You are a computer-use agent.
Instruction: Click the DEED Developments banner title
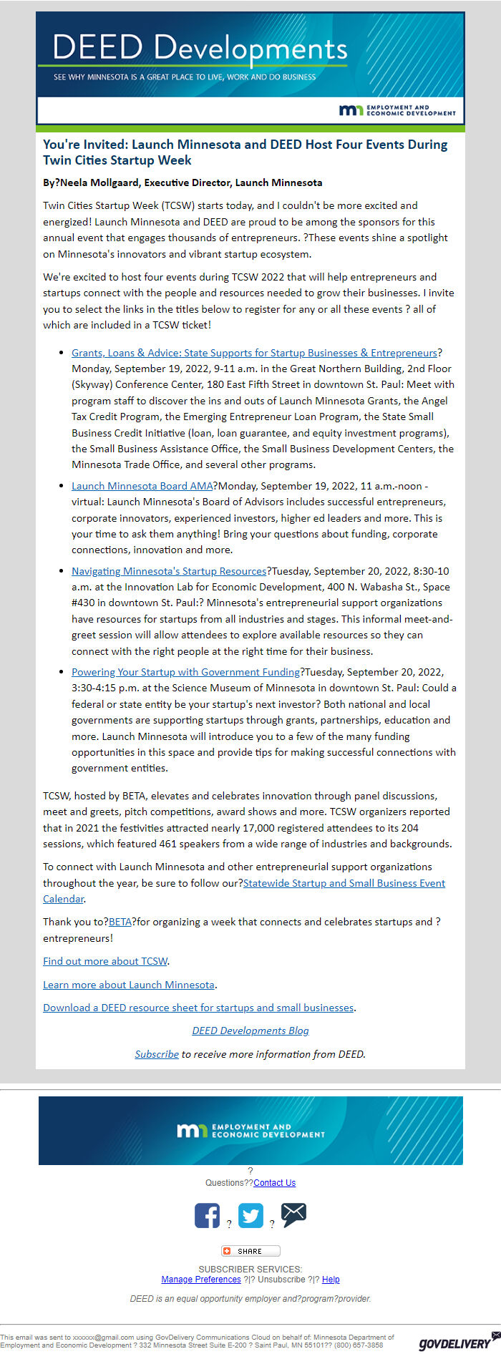click(200, 48)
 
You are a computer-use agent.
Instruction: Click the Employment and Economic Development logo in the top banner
click(397, 109)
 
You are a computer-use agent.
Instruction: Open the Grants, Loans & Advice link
click(254, 353)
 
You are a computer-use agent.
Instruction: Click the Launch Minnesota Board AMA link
click(142, 486)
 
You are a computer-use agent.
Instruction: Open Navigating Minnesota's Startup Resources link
click(169, 571)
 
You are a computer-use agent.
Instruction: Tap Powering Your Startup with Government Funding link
click(185, 672)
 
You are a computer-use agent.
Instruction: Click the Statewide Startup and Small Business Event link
click(344, 883)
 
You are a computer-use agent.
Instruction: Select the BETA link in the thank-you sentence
click(120, 922)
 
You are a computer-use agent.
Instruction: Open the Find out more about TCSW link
click(105, 961)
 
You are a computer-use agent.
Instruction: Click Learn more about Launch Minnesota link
click(129, 985)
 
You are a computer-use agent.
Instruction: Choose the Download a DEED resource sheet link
click(198, 1008)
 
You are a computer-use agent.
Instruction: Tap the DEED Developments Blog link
click(250, 1031)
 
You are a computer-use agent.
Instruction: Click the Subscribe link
click(157, 1054)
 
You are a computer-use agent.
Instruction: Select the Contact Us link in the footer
click(274, 1183)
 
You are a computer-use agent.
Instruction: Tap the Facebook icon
click(207, 1215)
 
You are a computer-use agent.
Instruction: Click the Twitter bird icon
click(250, 1215)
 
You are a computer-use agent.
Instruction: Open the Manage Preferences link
click(201, 1279)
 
